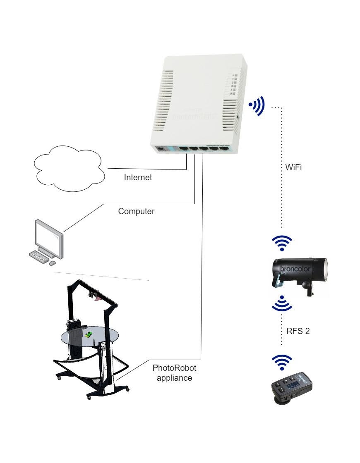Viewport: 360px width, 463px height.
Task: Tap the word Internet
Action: pyautogui.click(x=138, y=178)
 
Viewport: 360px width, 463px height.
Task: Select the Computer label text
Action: pyautogui.click(x=136, y=211)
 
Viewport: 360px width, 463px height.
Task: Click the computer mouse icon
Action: pyautogui.click(x=53, y=263)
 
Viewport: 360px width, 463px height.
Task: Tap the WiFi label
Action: pyautogui.click(x=293, y=168)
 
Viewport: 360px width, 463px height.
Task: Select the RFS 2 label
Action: pyautogui.click(x=298, y=331)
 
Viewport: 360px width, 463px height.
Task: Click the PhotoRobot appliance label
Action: pyautogui.click(x=174, y=372)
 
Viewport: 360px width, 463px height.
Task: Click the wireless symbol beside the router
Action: pyautogui.click(x=257, y=107)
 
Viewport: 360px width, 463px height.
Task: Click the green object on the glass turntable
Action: pyautogui.click(x=89, y=334)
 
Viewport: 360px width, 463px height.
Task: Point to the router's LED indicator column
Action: pyautogui.click(x=234, y=85)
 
